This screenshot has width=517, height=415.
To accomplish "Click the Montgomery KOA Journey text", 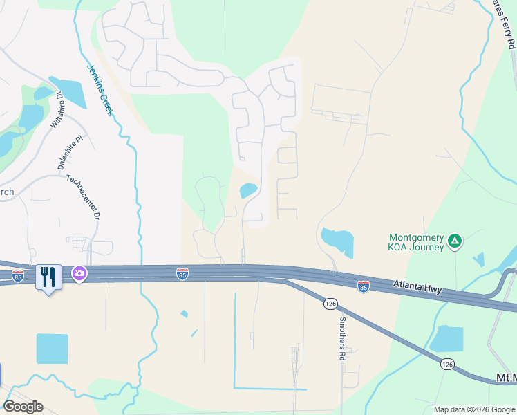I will [415, 241].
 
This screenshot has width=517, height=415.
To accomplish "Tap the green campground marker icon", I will [455, 241].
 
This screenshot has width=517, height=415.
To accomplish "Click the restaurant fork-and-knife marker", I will [48, 277].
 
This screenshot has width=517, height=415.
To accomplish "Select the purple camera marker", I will [80, 274].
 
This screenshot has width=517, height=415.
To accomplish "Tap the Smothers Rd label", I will [341, 338].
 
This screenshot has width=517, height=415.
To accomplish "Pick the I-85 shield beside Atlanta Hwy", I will [364, 286].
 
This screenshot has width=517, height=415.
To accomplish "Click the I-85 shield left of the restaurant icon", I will [18, 276].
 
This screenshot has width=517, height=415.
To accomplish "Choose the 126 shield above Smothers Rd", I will [330, 304].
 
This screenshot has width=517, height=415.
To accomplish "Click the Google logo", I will [23, 406].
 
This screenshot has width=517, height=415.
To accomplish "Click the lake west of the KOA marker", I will [337, 243].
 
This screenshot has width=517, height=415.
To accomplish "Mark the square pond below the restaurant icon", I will [52, 349].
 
